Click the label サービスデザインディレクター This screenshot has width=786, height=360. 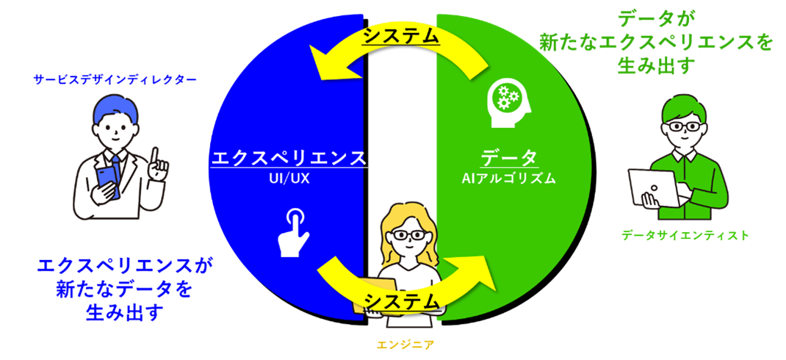point(115,79)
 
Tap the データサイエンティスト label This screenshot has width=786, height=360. point(685,235)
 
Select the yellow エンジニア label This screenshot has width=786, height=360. point(400,343)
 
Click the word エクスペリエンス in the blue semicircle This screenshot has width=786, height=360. point(288,157)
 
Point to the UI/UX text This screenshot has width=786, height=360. point(289,178)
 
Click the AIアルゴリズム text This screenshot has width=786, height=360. point(509,178)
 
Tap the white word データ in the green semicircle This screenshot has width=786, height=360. point(509,157)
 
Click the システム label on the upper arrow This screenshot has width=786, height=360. point(401,35)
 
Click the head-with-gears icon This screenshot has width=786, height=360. point(506,98)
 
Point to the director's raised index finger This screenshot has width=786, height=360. point(155,155)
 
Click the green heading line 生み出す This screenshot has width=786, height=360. point(656,67)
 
